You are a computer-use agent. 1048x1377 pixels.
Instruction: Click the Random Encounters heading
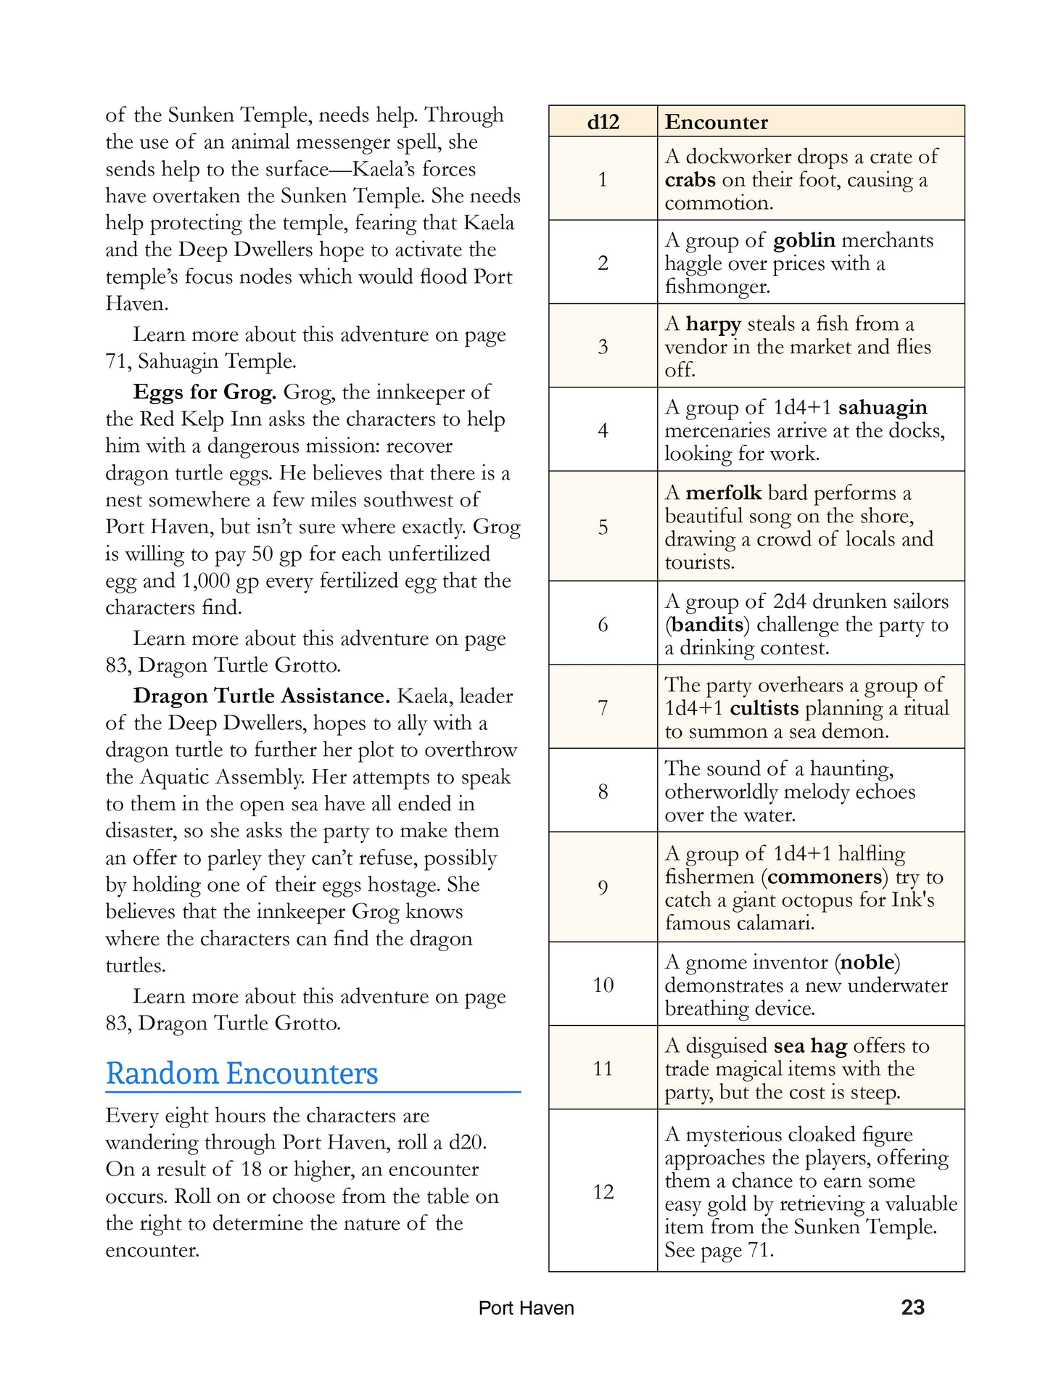click(242, 1074)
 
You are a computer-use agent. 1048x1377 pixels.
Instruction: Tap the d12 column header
click(603, 122)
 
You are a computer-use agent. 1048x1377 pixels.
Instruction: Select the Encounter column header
click(716, 122)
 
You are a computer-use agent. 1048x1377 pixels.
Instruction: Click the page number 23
click(912, 1307)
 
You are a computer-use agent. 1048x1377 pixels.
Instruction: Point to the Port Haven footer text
click(526, 1308)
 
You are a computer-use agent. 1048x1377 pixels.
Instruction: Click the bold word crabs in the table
click(690, 180)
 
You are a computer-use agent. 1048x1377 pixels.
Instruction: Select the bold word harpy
click(713, 324)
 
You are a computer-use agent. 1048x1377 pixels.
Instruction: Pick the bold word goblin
click(804, 240)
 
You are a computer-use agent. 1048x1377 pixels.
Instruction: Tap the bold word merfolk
click(723, 493)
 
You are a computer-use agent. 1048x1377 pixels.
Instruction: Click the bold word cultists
click(764, 708)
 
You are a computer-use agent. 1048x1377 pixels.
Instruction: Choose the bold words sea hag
click(810, 1046)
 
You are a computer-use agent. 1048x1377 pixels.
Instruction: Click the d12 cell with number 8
click(603, 791)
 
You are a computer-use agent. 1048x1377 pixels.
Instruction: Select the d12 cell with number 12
click(603, 1191)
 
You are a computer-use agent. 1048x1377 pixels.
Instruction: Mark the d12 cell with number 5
click(603, 527)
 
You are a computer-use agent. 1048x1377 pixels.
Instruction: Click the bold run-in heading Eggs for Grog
click(205, 392)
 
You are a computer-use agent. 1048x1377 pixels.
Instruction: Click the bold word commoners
click(825, 877)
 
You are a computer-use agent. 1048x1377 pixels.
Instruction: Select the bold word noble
click(867, 963)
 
